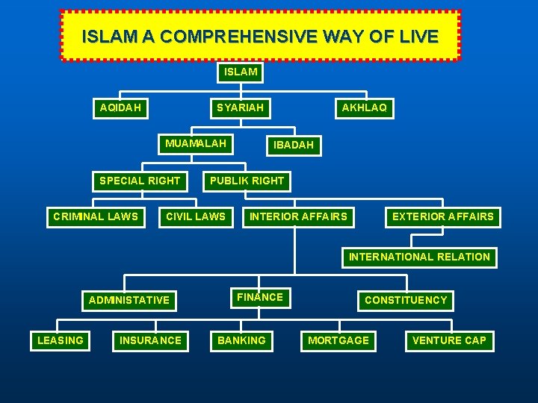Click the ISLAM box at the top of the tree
pyautogui.click(x=240, y=72)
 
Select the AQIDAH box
pyautogui.click(x=120, y=107)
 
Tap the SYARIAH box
pyautogui.click(x=240, y=107)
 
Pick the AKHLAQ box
pyautogui.click(x=364, y=107)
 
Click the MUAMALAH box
pyautogui.click(x=196, y=143)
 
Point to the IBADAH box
pyautogui.click(x=294, y=145)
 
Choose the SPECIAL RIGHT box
pyautogui.click(x=140, y=181)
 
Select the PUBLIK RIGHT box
pyautogui.click(x=247, y=181)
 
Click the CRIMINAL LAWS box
pyautogui.click(x=96, y=216)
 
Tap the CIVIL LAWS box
pyautogui.click(x=195, y=216)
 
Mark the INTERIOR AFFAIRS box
pyautogui.click(x=298, y=216)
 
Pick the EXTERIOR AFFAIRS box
pyautogui.click(x=443, y=216)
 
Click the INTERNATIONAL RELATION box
pyautogui.click(x=419, y=257)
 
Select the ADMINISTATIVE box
pyautogui.click(x=129, y=300)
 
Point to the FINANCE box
pyautogui.click(x=260, y=297)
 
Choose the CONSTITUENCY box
pyautogui.click(x=406, y=300)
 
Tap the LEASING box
pyautogui.click(x=61, y=340)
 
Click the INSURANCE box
pyautogui.click(x=150, y=340)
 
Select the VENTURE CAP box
pyautogui.click(x=449, y=340)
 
